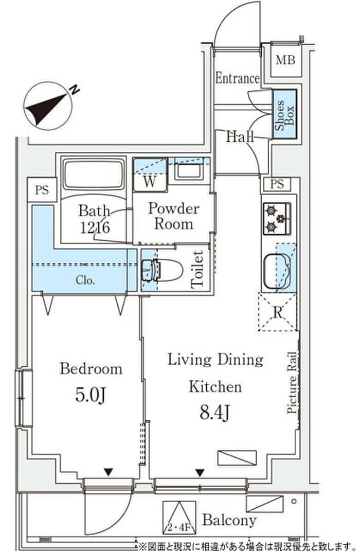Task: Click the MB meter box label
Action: [x=285, y=60]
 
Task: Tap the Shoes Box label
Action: [x=284, y=115]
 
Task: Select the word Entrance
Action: [x=237, y=78]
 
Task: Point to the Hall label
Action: [x=240, y=136]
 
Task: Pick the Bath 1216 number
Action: [x=95, y=228]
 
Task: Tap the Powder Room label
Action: [x=173, y=216]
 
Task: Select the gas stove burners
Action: [x=277, y=219]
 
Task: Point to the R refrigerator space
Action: [x=278, y=311]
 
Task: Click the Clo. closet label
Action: [x=85, y=280]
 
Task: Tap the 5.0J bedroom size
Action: [x=91, y=395]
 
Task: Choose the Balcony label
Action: [x=229, y=520]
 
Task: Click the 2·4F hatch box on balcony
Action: [x=179, y=517]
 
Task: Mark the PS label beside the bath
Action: [x=42, y=190]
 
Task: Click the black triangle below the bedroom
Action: [x=108, y=472]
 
